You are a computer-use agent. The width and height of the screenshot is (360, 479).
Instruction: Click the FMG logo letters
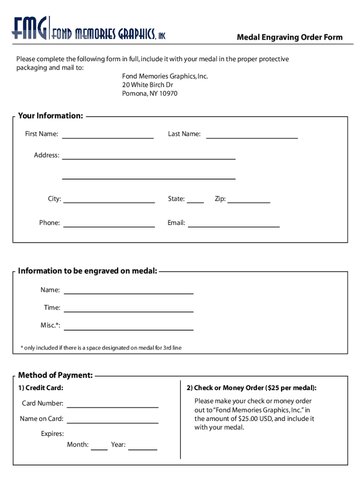[29, 29]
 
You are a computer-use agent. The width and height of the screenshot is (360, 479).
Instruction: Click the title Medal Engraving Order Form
[289, 37]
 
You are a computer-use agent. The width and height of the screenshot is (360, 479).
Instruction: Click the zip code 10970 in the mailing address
[168, 94]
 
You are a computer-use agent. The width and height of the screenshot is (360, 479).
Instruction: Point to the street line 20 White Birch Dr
[147, 85]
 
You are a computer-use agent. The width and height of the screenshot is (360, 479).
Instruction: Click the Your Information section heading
[50, 116]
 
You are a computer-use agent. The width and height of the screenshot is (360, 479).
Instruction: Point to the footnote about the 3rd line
[101, 348]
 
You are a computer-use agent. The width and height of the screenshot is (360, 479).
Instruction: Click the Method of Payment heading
[55, 375]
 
